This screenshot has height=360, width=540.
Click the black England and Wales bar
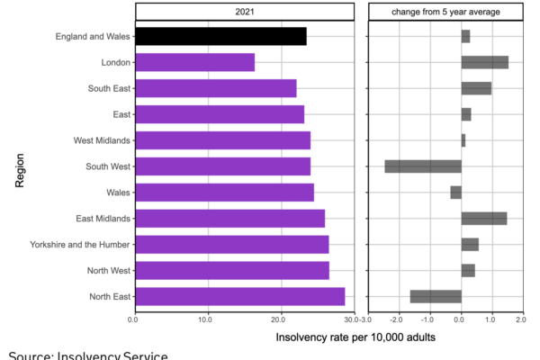(x=220, y=36)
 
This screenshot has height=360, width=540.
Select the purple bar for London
(x=193, y=62)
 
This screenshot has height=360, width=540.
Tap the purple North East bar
(x=238, y=296)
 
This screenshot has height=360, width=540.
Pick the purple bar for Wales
(x=223, y=192)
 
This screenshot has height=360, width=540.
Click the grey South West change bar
(x=423, y=166)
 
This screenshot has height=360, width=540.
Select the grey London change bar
(x=485, y=62)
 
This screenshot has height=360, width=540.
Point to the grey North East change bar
(x=436, y=296)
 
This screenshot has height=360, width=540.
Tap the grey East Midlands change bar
(x=484, y=218)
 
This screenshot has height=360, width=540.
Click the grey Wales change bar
(x=456, y=192)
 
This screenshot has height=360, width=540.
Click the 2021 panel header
(x=246, y=12)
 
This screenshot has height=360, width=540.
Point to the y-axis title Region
(x=20, y=166)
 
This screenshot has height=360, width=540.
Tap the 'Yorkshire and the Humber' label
(x=78, y=244)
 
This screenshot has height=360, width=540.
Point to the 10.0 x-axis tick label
(x=207, y=318)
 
